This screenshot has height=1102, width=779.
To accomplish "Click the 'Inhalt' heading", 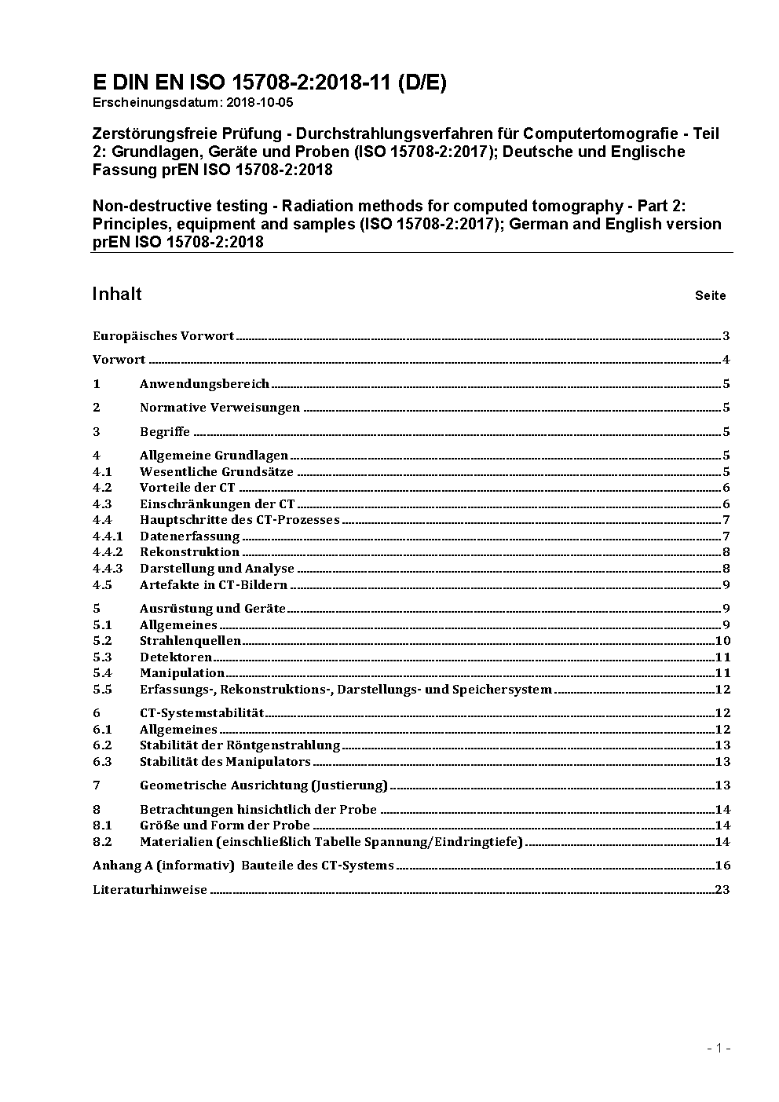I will [117, 294].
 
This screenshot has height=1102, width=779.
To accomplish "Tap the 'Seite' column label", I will [710, 296].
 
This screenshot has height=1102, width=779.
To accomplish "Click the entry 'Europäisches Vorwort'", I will [163, 336].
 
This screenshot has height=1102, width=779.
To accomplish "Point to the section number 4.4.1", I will [108, 536].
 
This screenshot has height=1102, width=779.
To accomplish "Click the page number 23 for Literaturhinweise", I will [722, 890].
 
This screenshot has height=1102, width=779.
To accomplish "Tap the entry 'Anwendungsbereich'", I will [204, 384].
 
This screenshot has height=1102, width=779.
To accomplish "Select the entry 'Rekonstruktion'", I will [189, 552].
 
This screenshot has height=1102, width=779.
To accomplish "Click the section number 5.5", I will [102, 690].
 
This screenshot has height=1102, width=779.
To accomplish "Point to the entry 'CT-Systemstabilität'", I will [202, 713].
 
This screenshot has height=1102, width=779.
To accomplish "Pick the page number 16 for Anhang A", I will [722, 866].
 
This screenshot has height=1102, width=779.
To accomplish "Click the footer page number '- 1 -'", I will [719, 1048].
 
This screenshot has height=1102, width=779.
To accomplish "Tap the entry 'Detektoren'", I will [176, 657].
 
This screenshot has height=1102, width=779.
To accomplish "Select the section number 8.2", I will [102, 842].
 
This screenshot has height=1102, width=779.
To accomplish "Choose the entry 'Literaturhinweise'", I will [150, 890].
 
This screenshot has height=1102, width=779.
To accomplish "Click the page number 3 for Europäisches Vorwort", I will [726, 336].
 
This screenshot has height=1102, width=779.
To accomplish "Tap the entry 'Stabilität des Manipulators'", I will [225, 762].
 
